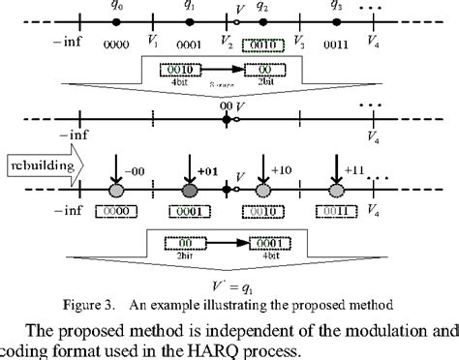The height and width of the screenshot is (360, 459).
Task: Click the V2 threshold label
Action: click(x=227, y=44)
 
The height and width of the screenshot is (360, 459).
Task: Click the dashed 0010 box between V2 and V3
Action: click(x=262, y=45)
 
